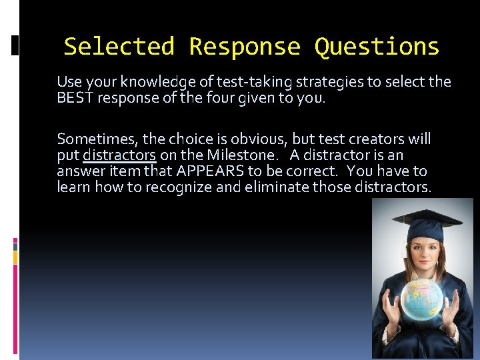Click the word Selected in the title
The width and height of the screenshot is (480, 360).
pyautogui.click(x=119, y=47)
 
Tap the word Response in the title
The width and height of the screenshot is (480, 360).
pyautogui.click(x=245, y=47)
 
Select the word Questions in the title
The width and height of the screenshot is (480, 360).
pyautogui.click(x=377, y=47)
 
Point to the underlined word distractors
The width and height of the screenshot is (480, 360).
pyautogui.click(x=119, y=155)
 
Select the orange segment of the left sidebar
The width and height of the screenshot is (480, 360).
pyautogui.click(x=15, y=256)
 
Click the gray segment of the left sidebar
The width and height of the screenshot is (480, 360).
pyautogui.click(x=15, y=245)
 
